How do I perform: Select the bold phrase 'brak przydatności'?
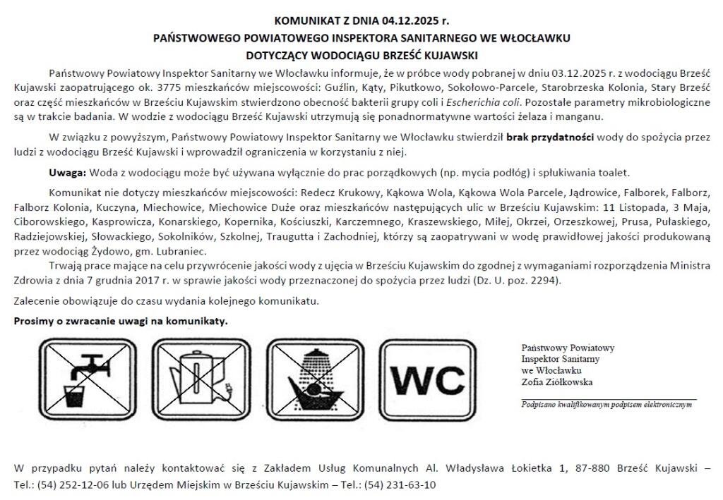[x=550, y=138]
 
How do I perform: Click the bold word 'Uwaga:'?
[x=67, y=173]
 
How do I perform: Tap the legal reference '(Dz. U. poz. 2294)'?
[x=517, y=281]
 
